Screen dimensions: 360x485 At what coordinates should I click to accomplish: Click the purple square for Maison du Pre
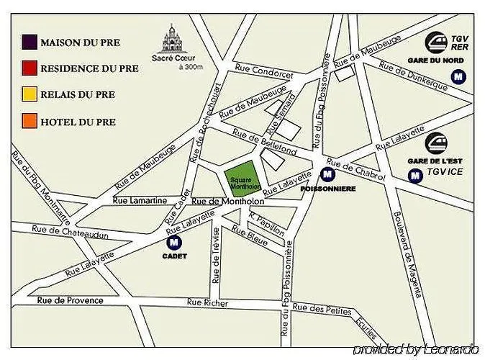30,42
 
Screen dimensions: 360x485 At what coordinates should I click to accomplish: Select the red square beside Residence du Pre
30,68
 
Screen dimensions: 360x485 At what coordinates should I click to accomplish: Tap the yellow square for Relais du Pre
30,95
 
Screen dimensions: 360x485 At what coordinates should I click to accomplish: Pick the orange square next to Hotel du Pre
30,121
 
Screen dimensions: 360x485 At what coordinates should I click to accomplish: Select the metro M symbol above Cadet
173,243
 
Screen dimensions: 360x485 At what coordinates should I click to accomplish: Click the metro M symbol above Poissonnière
327,174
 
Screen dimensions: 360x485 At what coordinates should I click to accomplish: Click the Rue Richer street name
207,303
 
